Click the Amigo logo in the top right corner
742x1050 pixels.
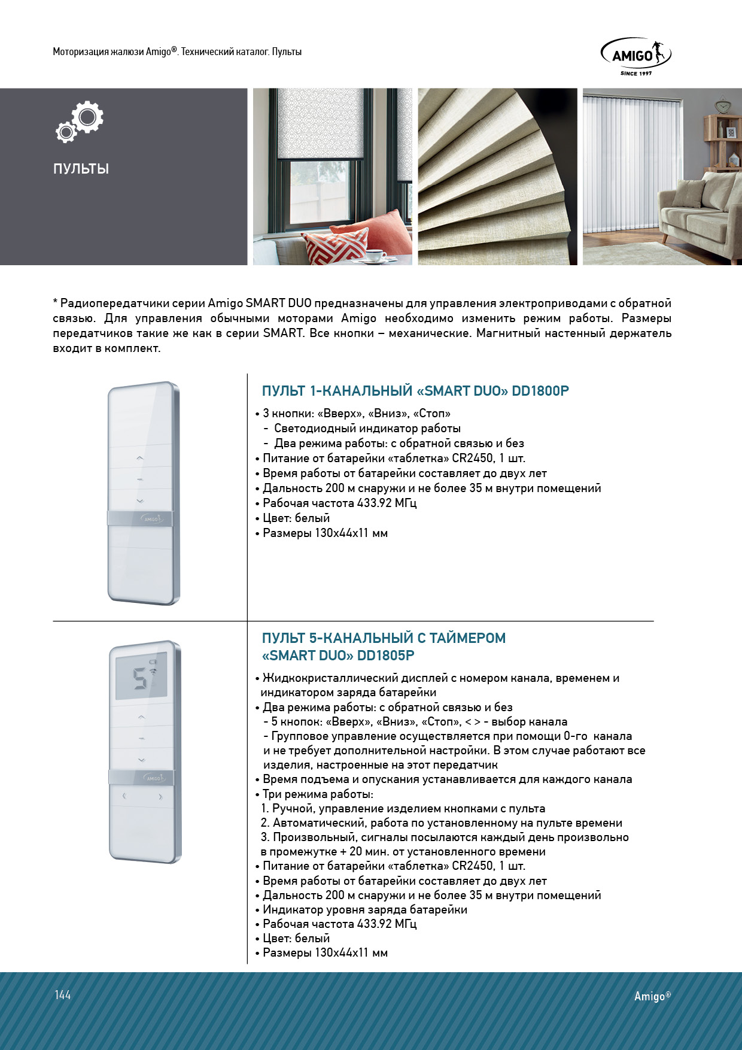click(x=635, y=56)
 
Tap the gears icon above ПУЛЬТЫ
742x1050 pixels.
click(x=80, y=122)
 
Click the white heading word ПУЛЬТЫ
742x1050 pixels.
click(x=81, y=169)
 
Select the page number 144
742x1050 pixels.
click(x=63, y=995)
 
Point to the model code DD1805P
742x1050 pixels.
click(x=385, y=656)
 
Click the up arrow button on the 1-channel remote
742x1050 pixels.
click(x=140, y=458)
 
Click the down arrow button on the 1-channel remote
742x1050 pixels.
click(x=140, y=500)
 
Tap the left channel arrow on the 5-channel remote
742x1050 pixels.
click(x=124, y=796)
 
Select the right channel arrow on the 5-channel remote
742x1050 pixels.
click(x=160, y=797)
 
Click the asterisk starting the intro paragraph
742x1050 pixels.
click(x=55, y=302)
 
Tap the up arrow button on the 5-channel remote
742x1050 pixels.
click(x=142, y=717)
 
